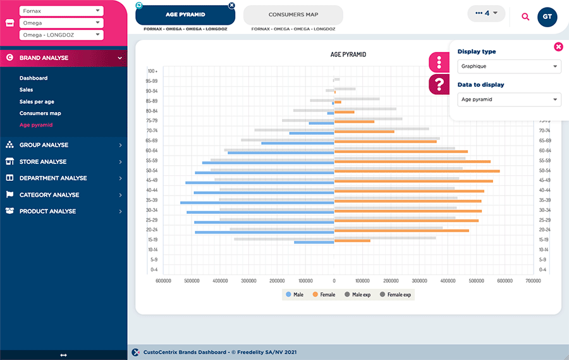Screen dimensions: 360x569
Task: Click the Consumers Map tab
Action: coord(293,15)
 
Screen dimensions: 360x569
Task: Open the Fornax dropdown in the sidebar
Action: coord(61,11)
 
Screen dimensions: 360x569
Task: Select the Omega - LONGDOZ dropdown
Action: coord(61,35)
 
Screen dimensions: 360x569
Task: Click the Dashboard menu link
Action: coord(34,78)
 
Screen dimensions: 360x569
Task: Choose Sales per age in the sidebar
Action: coord(37,102)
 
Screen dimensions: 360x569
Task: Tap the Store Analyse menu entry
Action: coord(43,162)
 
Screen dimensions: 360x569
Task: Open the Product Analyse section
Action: coord(47,211)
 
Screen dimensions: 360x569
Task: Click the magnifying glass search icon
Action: coord(525,16)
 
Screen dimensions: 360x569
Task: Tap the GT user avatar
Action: coord(547,16)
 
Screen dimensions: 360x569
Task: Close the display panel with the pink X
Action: coord(558,46)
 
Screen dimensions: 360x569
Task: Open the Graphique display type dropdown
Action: coord(509,66)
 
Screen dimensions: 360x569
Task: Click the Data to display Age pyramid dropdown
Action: coord(509,99)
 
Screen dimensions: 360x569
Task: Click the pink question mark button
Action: coord(439,84)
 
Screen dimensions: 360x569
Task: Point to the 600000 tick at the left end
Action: coord(164,280)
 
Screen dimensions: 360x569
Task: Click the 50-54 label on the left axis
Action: coord(152,171)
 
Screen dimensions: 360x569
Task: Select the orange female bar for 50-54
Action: coord(417,171)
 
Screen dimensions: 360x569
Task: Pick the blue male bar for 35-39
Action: coord(257,202)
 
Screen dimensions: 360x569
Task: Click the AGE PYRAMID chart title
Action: coord(348,54)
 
